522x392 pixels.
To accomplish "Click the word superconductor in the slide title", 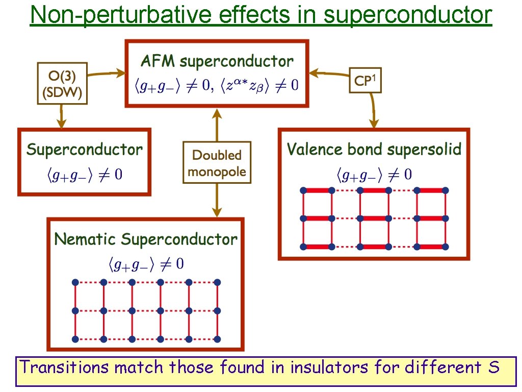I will (x=407, y=16).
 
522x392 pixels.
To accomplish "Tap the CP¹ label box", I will (x=365, y=80).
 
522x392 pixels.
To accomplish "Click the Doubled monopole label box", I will (x=217, y=162).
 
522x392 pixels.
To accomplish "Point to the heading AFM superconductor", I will (x=217, y=61).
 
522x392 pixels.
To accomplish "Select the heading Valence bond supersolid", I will (x=374, y=149).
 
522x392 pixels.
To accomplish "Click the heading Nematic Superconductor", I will (x=146, y=239).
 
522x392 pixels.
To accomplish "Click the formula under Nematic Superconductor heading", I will (x=146, y=264).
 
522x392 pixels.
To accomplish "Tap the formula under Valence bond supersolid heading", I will (x=374, y=175).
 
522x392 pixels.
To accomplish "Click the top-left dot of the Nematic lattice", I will (x=75, y=282).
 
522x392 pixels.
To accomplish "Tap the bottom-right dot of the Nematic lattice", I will (x=218, y=339).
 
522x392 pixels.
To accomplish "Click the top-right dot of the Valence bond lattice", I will (x=446, y=190).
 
